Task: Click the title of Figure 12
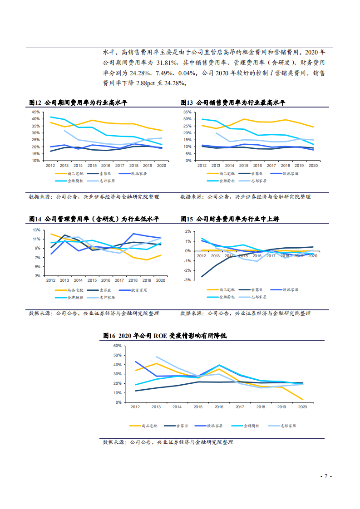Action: click(x=78, y=103)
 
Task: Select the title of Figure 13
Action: click(x=233, y=103)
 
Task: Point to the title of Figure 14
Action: click(x=94, y=219)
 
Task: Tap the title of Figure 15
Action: click(x=230, y=219)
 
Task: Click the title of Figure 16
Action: click(x=164, y=336)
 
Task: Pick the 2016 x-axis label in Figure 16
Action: click(x=219, y=407)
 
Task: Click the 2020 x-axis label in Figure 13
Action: click(x=313, y=166)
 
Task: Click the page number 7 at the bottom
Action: click(x=325, y=476)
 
